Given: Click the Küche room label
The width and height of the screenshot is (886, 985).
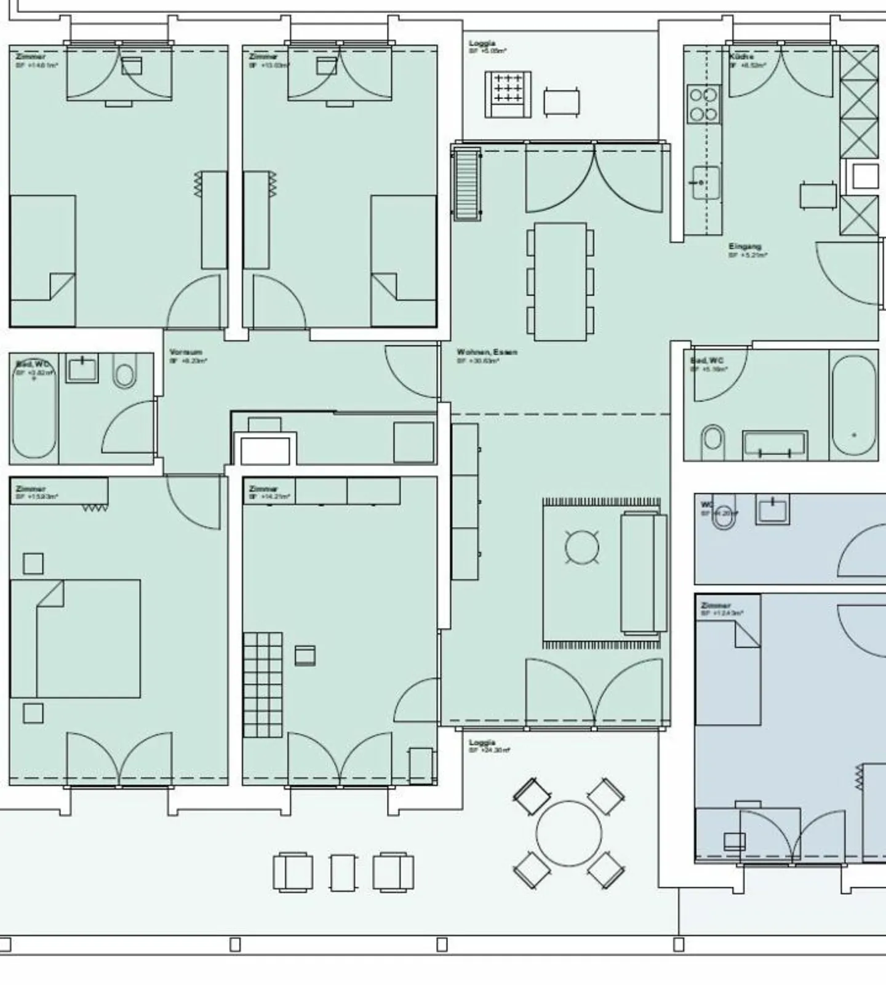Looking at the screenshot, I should coord(741,57).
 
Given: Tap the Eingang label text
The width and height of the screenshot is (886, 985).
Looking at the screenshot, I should coord(744,247).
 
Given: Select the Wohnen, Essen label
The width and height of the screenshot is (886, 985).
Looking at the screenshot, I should coord(486,352).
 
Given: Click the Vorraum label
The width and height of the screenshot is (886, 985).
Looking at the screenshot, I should coord(185,352).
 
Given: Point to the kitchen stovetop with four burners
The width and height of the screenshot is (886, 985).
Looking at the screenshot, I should coord(703,105).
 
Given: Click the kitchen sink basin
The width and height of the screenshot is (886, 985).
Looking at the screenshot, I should coord(706,183).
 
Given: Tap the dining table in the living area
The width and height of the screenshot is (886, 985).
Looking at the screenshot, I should coord(560,282).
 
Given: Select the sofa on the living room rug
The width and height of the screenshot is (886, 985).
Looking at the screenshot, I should coord(644,572).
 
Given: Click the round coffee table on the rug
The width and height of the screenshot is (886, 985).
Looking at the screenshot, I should coord(581,547).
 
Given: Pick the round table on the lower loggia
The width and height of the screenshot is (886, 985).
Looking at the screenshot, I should coord(569,833).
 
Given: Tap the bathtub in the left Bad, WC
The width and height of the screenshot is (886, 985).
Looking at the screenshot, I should coord(34,409).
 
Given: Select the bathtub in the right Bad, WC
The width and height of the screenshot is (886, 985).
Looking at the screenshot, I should coord(853,405).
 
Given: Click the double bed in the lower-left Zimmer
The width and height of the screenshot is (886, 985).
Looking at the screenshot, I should coord(75,638).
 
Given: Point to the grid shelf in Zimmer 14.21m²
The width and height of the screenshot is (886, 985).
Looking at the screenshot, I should coord(263,684).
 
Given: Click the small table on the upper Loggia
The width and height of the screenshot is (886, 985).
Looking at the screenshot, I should coord(561,102).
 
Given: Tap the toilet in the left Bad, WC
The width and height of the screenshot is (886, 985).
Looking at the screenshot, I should coord(125,374).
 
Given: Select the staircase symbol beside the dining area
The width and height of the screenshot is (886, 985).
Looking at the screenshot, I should coord(467,183).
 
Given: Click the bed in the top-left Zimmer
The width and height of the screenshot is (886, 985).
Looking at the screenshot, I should coord(42,261).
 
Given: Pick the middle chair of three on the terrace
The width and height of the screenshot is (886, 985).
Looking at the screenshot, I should coord(343,872).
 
